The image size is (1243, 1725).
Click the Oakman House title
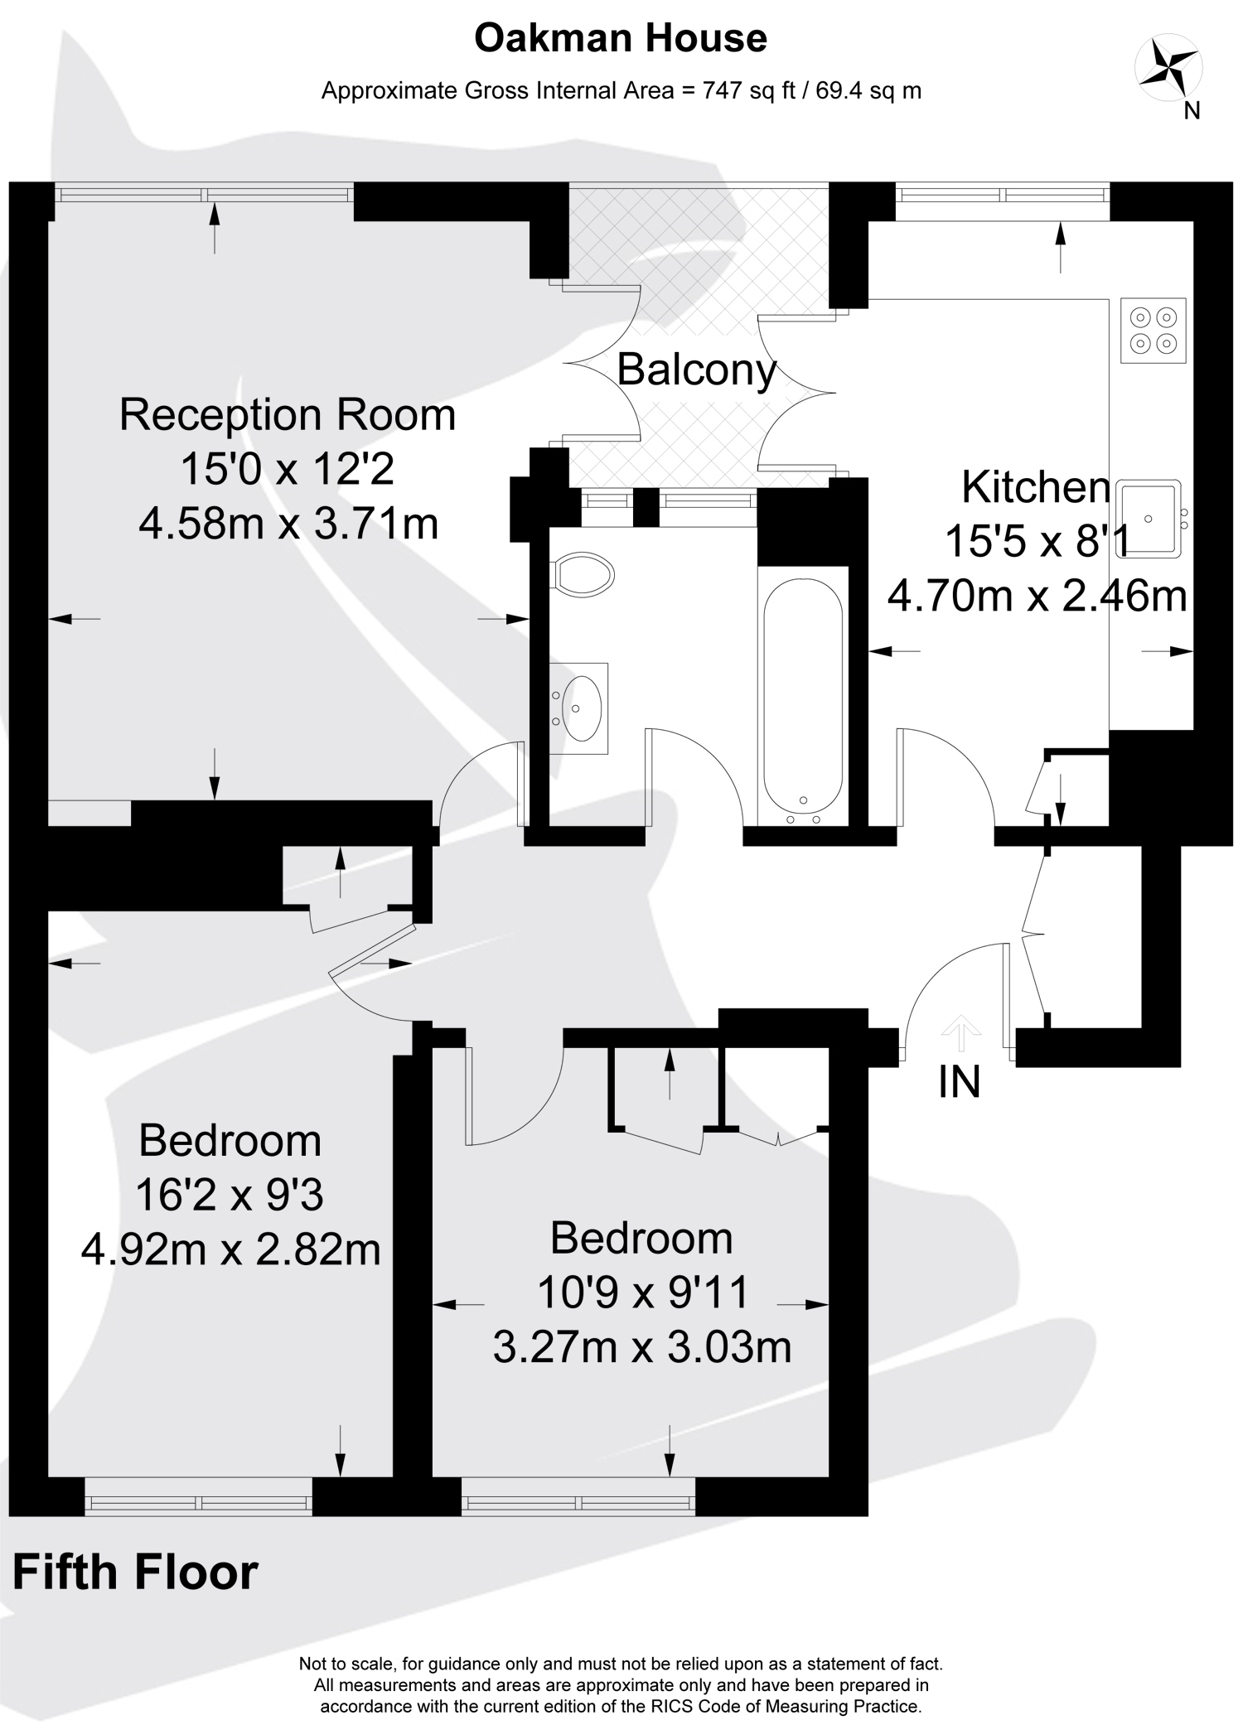click(621, 39)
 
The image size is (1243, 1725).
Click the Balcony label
click(697, 370)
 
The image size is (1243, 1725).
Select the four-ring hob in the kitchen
click(1154, 330)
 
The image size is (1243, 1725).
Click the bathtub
click(804, 697)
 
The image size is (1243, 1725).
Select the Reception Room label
click(288, 414)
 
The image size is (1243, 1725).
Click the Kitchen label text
click(1036, 487)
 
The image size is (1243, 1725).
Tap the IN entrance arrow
click(961, 1032)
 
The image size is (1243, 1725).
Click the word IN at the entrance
click(960, 1082)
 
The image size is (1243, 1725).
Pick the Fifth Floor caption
click(135, 1573)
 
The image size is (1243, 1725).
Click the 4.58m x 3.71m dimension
click(288, 524)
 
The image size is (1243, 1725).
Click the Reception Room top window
click(204, 195)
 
